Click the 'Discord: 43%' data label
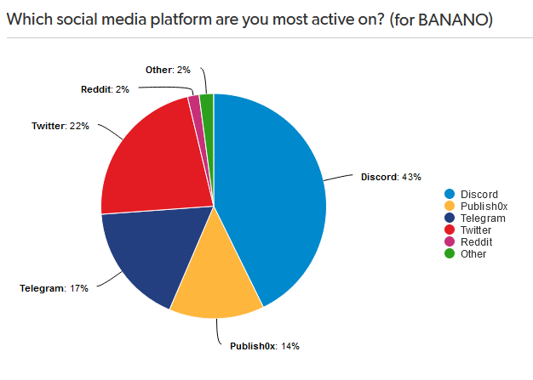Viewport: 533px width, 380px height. click(x=391, y=177)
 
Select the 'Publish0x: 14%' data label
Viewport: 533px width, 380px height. click(x=265, y=346)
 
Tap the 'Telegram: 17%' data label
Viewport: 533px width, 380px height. click(x=54, y=288)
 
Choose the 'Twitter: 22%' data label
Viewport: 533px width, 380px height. click(x=60, y=126)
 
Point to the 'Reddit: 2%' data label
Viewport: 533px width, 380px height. click(x=105, y=89)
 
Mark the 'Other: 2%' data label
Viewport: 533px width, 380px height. click(x=168, y=70)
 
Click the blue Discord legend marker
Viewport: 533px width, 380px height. click(x=450, y=194)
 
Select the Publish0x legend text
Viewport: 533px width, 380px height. click(x=484, y=207)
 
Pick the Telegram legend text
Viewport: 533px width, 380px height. click(x=483, y=218)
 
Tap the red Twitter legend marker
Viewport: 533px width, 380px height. click(x=450, y=230)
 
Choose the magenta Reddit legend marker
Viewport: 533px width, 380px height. click(x=450, y=241)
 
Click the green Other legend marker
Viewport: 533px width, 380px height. click(x=450, y=253)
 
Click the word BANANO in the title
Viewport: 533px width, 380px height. click(x=453, y=20)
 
